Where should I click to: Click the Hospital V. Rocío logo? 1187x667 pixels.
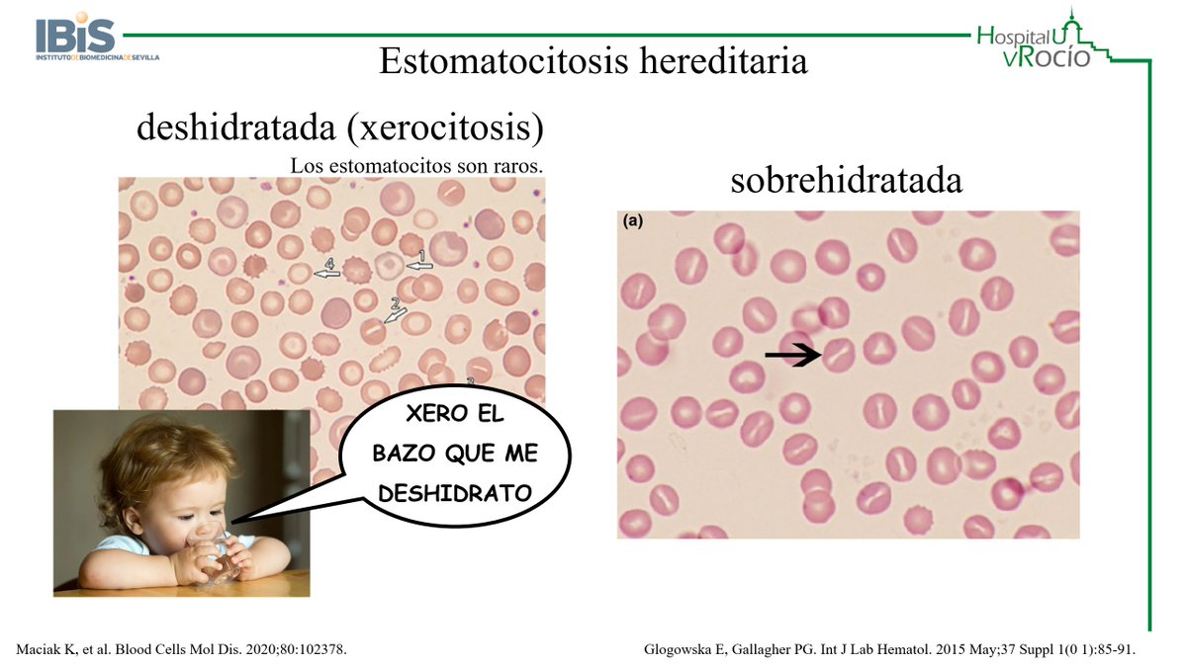[x=1039, y=40]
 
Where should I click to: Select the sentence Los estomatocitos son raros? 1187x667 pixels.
[x=416, y=165]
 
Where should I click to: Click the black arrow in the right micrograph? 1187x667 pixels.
[x=793, y=354]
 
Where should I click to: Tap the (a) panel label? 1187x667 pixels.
[x=633, y=221]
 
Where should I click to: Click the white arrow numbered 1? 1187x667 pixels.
[x=419, y=264]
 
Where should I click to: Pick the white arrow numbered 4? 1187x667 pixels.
[x=327, y=271]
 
